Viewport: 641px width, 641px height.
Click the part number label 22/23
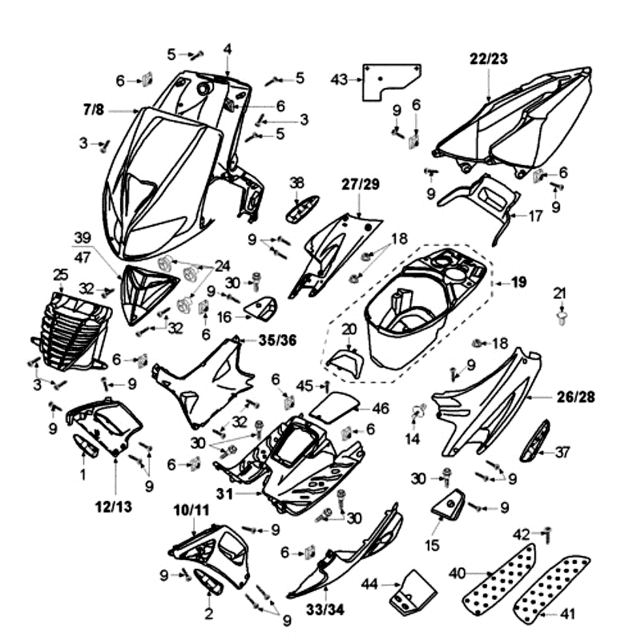pos(488,58)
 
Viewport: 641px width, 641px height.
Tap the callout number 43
pos(339,79)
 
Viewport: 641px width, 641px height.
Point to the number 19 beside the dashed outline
pos(519,283)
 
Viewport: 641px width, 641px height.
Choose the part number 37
pos(562,453)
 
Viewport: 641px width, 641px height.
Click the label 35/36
pos(277,339)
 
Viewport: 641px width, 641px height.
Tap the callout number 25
pos(60,275)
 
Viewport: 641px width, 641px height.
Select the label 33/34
pos(327,610)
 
